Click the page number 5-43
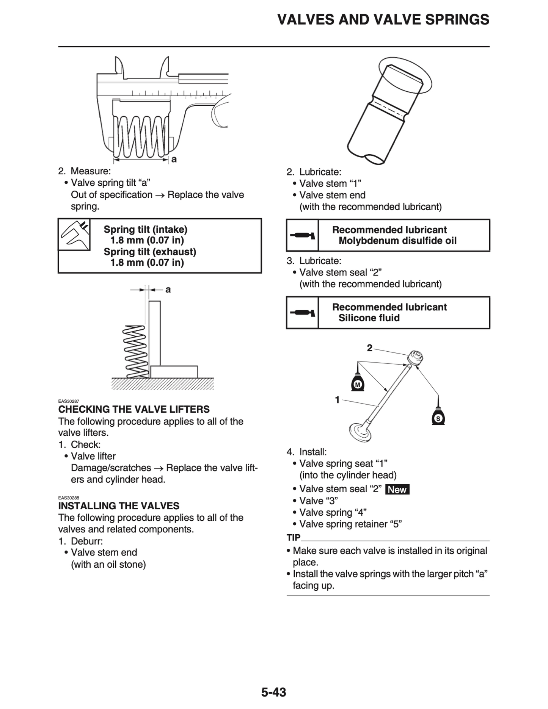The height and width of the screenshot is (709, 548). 273,692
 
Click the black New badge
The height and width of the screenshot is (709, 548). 397,490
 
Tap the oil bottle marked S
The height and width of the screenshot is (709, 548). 438,417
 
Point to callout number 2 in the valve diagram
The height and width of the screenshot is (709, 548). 370,348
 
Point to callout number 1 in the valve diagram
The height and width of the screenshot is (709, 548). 337,400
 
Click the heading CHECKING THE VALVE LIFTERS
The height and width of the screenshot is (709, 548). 134,409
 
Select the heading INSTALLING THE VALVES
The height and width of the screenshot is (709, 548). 119,506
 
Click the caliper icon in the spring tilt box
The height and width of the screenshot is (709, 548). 74,235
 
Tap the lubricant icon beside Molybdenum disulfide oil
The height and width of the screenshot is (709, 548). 302,236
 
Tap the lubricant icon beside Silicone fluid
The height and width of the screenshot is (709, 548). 302,313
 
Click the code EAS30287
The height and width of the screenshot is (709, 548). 69,401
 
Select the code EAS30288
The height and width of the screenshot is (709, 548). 69,498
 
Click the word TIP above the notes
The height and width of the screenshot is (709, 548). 294,538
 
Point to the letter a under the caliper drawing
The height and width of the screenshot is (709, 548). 174,159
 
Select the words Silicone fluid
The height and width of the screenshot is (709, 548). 369,318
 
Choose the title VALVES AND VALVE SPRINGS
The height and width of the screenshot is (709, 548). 383,20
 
